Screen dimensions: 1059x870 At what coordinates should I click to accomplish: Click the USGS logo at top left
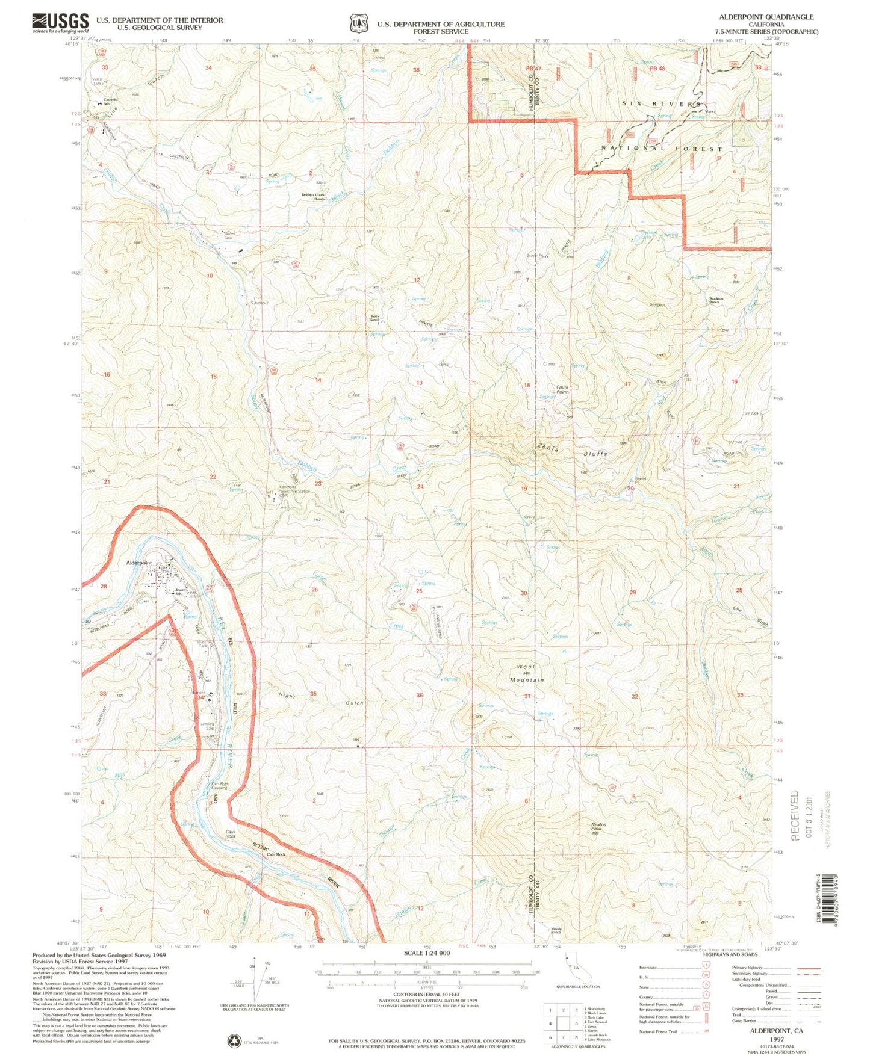click(x=60, y=23)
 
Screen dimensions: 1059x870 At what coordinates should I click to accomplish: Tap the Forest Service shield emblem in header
click(x=358, y=23)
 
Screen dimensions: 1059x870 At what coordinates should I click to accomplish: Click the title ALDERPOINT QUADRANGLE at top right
click(x=765, y=17)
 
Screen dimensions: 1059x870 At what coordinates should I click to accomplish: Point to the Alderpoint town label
click(x=138, y=563)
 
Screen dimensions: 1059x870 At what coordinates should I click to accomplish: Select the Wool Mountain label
click(x=526, y=673)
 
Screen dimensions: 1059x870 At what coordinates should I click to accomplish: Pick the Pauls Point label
click(x=562, y=389)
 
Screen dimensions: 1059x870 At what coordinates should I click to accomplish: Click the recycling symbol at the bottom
click(x=233, y=1040)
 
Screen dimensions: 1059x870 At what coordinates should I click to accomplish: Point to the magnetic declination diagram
click(x=259, y=980)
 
